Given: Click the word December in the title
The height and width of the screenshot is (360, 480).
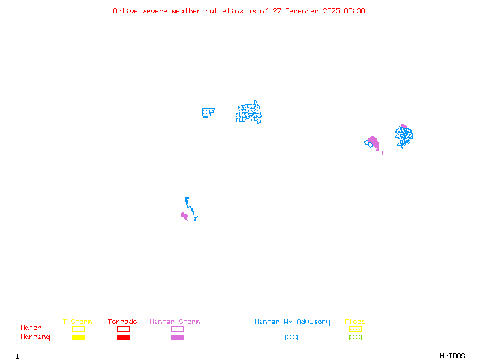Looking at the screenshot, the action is click(302, 11).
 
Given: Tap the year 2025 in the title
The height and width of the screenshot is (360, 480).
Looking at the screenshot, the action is click(331, 11).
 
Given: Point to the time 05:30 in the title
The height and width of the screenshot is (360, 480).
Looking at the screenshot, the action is click(355, 11).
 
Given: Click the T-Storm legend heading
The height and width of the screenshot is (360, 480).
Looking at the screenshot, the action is click(77, 322).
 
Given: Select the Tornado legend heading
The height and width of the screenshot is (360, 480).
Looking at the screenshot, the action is click(122, 322).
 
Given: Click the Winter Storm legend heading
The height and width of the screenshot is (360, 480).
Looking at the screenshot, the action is click(175, 322).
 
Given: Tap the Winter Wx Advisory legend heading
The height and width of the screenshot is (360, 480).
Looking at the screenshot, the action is click(292, 322).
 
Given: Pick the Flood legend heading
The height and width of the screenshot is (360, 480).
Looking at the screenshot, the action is click(355, 322).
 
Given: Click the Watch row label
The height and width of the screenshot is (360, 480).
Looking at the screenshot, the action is click(31, 328).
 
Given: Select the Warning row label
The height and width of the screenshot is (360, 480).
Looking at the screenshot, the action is click(35, 337).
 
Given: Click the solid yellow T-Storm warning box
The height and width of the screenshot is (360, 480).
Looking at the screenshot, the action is click(79, 337).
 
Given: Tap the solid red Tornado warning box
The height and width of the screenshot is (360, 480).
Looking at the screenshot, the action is click(124, 337).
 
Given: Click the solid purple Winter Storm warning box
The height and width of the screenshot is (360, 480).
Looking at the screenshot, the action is click(177, 337).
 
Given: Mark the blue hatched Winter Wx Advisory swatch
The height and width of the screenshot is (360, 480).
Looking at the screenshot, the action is click(291, 337).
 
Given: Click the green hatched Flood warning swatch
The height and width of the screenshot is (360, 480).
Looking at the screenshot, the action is click(355, 337).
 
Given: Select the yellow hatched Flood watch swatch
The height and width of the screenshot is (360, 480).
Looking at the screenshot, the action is click(355, 329).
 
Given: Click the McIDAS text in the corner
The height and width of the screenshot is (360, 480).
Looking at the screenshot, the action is click(452, 356).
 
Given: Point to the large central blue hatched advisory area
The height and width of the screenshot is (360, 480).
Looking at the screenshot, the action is click(248, 113).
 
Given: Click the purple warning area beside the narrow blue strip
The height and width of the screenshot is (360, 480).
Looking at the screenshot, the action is click(184, 216).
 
